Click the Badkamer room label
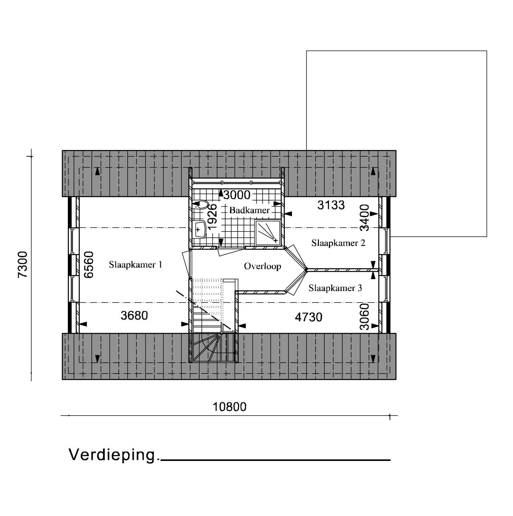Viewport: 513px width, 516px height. (x=249, y=210)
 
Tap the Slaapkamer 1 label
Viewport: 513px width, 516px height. (x=135, y=265)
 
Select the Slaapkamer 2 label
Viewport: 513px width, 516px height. (x=338, y=243)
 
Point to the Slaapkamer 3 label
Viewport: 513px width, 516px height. (x=335, y=288)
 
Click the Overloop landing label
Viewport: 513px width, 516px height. (x=262, y=266)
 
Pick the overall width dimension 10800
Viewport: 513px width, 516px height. (x=230, y=407)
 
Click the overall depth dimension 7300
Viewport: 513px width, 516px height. (x=22, y=265)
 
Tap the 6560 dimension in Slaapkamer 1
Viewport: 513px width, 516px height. (x=89, y=265)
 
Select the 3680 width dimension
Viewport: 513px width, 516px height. (x=134, y=316)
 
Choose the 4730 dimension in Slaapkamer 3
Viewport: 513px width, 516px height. (x=308, y=317)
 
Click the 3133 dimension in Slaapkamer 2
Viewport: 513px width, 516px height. (x=331, y=205)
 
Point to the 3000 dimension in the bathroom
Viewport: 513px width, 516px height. (x=237, y=195)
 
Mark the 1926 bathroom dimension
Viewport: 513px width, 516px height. (x=212, y=217)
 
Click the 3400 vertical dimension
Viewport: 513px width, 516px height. (x=365, y=217)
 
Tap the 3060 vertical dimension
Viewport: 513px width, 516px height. (x=365, y=316)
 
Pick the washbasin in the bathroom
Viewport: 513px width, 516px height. (x=200, y=229)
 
